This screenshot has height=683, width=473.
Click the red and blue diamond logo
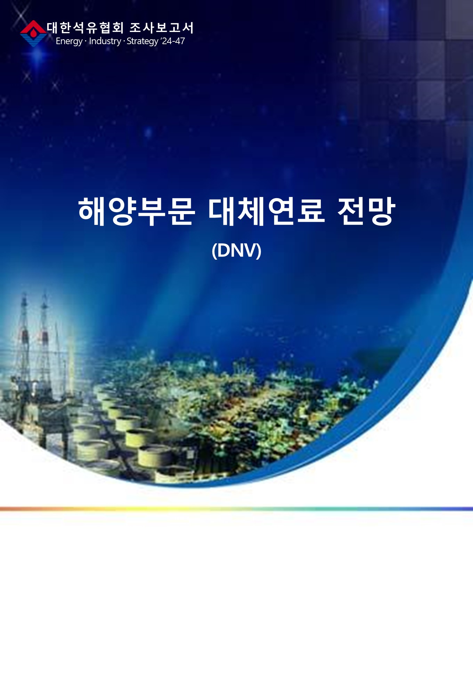(33, 33)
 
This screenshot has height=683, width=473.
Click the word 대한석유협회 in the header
(85, 28)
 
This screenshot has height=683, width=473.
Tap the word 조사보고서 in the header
(161, 28)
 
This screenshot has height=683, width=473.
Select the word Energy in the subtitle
(69, 41)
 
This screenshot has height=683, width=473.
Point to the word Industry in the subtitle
(105, 41)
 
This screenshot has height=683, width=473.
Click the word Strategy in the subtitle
(142, 41)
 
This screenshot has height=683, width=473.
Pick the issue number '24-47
(173, 41)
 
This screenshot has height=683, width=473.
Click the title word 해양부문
(137, 211)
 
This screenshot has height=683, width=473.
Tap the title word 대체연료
(267, 211)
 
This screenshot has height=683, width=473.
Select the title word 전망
(366, 211)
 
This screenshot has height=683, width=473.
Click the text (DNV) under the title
(236, 250)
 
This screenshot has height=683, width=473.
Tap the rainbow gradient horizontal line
(236, 509)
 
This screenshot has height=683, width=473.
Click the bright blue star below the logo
(38, 56)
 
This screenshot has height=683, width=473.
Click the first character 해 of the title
(92, 211)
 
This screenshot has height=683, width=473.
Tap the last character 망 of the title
(381, 211)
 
